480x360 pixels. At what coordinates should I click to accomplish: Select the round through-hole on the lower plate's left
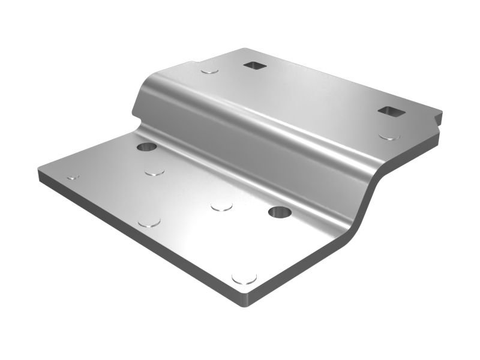[146, 146]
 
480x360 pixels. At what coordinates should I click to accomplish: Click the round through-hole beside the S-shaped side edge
[280, 211]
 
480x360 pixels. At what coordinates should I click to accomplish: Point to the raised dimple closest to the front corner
[244, 278]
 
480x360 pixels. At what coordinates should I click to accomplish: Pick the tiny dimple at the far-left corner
[73, 178]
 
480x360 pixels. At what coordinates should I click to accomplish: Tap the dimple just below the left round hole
[155, 172]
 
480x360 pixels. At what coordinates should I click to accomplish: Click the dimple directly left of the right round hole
[221, 206]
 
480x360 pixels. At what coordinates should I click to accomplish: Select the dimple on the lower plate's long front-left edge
[149, 223]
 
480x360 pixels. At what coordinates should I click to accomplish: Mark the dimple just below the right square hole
[389, 136]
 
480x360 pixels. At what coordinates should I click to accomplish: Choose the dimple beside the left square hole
[209, 71]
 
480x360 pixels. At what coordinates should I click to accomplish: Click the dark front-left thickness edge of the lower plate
[138, 240]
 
